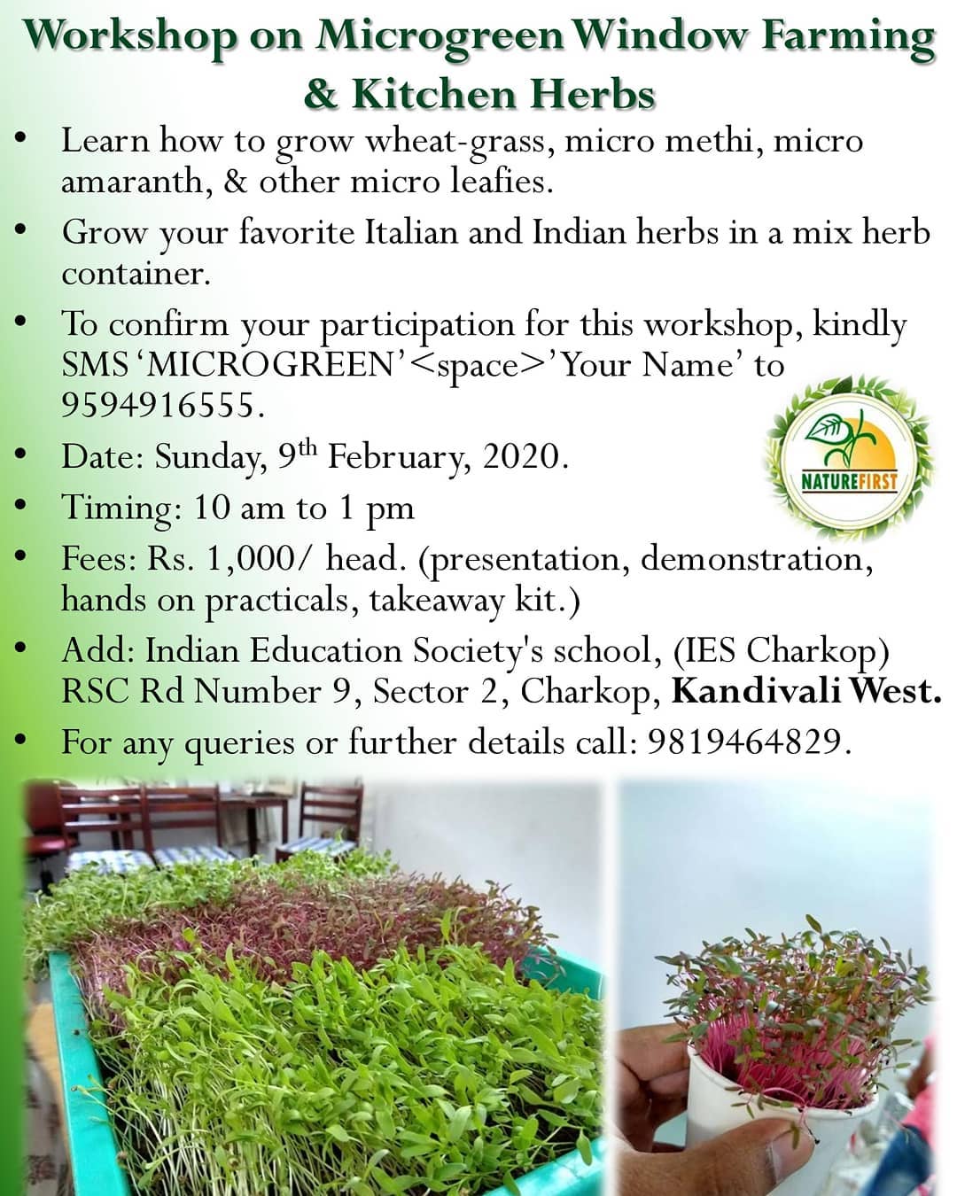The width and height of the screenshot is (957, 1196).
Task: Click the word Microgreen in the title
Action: pos(440,36)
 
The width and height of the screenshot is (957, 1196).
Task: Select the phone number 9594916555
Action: pos(162,405)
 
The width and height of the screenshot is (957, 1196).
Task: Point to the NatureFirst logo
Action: pos(849,460)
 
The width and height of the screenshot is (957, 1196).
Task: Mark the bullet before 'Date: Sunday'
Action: pos(23,455)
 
